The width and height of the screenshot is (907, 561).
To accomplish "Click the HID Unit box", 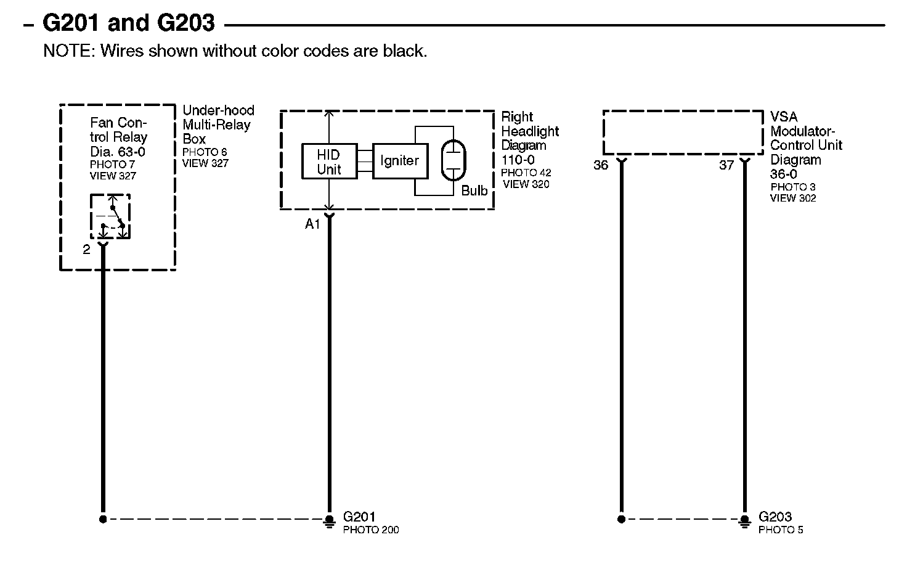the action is pos(329,162).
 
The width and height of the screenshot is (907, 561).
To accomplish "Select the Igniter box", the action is pos(399,161).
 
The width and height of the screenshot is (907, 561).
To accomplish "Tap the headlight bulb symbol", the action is pos(453,160).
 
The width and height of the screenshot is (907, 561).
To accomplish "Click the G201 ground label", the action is pos(359,517).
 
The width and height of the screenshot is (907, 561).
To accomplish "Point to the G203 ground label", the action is pos(775,517).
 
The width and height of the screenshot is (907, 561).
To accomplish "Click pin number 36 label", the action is pos(600,165).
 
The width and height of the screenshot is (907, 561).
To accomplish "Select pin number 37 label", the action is pos(726,165).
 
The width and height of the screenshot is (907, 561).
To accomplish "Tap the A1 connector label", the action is pos(312,224).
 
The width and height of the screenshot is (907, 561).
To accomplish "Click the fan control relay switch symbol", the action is pos(111,216).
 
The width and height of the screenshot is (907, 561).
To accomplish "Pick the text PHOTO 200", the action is pos(370,530).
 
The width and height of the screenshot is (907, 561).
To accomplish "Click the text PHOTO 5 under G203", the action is pos(781,530).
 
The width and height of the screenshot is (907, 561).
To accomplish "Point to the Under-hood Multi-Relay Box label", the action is pos(218,125).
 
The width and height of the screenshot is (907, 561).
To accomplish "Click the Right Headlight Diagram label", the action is pos(529,139).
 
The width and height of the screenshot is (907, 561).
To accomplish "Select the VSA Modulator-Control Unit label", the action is pos(805,145).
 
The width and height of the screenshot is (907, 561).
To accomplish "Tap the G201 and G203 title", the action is pos(128,23).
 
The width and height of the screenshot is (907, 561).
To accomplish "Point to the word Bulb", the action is pos(474,191).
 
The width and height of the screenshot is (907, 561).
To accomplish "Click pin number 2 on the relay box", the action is pos(86,250).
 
